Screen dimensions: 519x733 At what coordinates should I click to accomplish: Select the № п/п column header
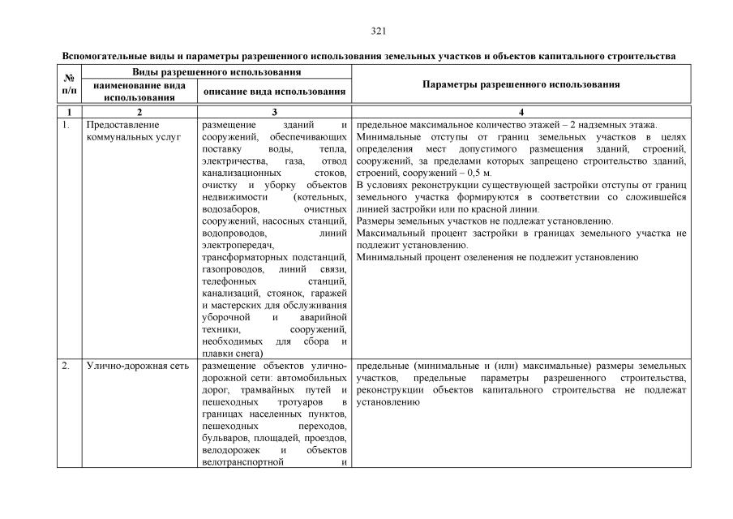pos(69,84)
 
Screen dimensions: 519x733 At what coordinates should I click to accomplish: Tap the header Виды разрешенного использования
pos(216,72)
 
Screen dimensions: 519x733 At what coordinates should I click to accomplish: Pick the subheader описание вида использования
pos(275,92)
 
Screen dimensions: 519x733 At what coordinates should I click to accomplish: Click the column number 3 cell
pos(275,111)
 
